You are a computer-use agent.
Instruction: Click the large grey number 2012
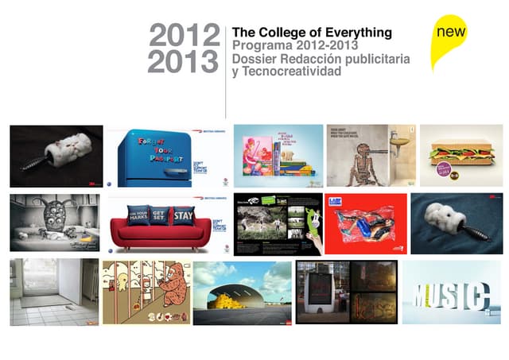[x=185, y=36]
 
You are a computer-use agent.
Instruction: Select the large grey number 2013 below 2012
[x=185, y=61]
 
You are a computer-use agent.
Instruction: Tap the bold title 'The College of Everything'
[x=312, y=33]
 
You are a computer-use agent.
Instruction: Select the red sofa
[x=163, y=226]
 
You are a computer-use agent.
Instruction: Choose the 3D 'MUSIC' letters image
[x=451, y=296]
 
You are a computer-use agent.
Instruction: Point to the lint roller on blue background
[x=456, y=222]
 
